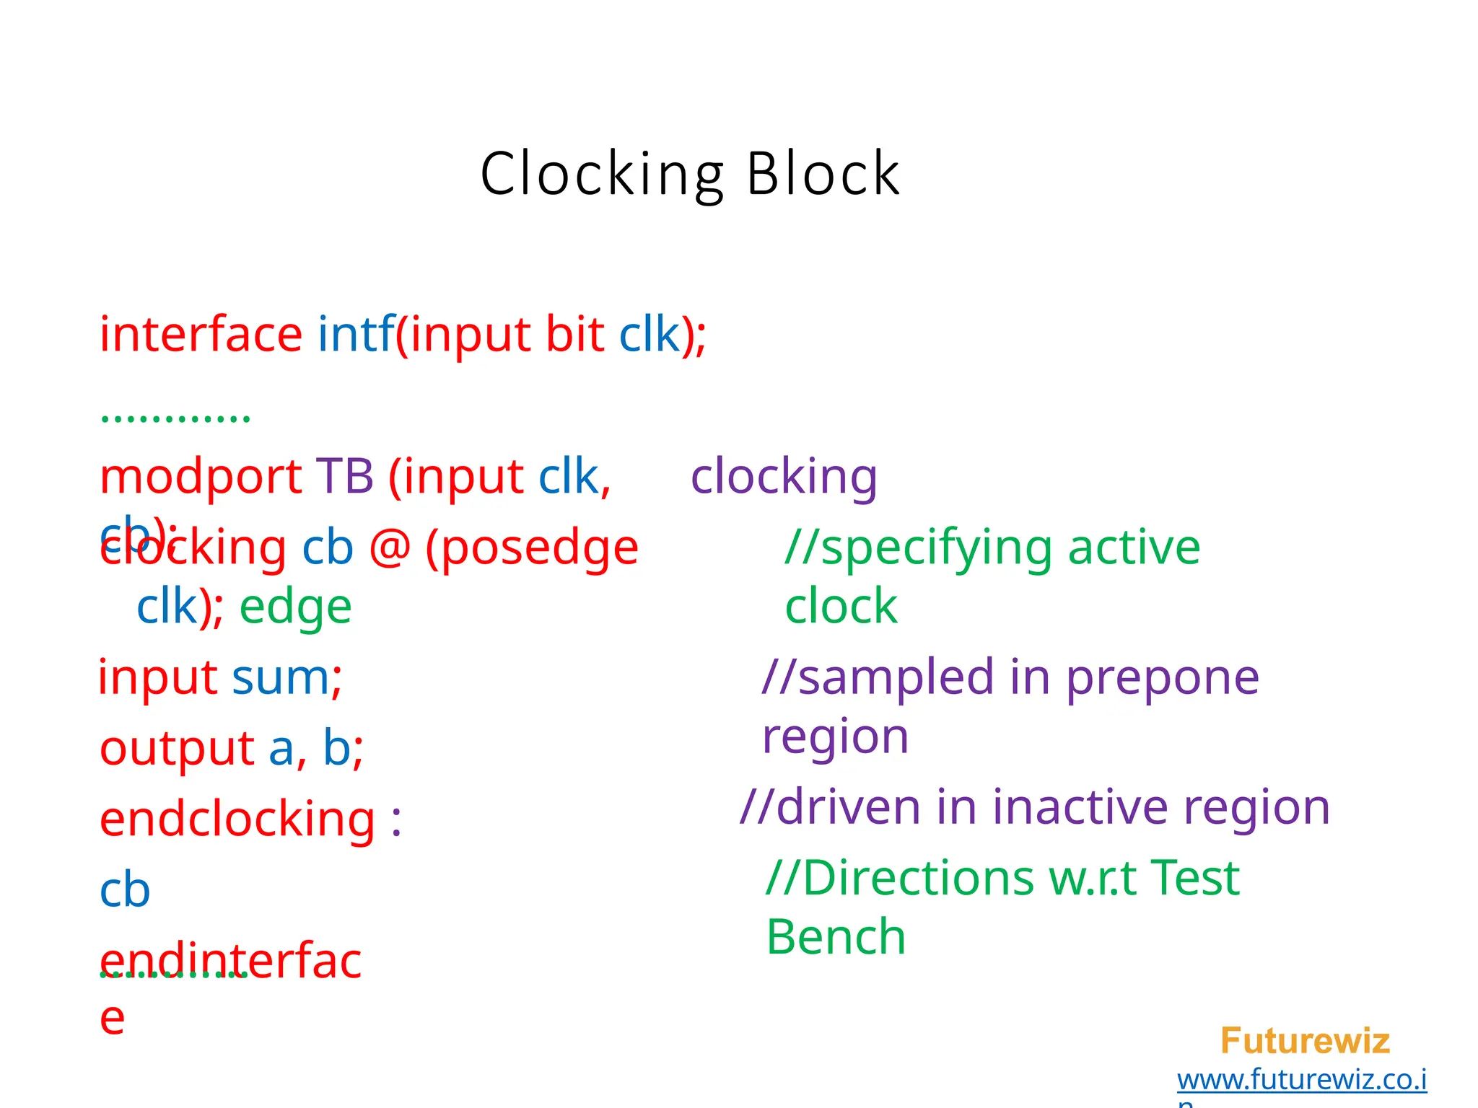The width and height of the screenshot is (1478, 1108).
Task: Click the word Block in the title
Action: (823, 174)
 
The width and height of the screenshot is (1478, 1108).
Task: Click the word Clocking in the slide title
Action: (602, 174)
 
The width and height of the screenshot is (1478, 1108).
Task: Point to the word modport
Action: (201, 477)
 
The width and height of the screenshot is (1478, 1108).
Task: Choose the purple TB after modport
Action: (344, 477)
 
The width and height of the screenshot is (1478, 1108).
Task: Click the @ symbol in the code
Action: (390, 548)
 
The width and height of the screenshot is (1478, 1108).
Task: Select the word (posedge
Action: (532, 549)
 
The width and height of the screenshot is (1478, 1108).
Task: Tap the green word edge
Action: (295, 607)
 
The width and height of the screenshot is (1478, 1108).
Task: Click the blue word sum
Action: (281, 678)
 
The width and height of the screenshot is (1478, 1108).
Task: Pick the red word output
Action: (176, 748)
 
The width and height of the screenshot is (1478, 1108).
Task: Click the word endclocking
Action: (237, 820)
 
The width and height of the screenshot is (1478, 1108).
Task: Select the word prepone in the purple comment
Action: (1162, 678)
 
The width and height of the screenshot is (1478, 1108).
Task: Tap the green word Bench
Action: (836, 937)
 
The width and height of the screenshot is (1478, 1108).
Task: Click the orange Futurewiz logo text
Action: (1305, 1041)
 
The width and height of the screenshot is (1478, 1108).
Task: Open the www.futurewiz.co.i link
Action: (1301, 1080)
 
